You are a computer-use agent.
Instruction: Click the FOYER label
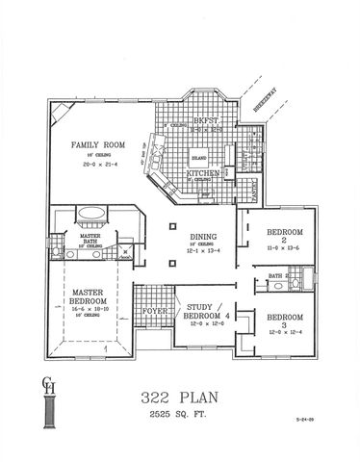click(153, 312)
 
